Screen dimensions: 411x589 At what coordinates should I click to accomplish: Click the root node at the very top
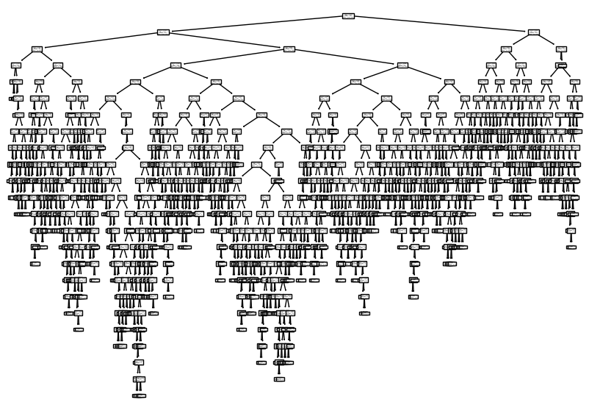pyautogui.click(x=348, y=15)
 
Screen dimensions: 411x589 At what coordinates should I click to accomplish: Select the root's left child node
pyautogui.click(x=163, y=32)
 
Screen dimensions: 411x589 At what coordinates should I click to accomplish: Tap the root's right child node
pyautogui.click(x=533, y=32)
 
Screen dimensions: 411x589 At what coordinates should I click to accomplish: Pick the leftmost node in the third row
pyautogui.click(x=36, y=49)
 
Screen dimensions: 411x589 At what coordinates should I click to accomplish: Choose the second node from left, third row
pyautogui.click(x=289, y=49)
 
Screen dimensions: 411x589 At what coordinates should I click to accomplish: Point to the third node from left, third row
pyautogui.click(x=506, y=49)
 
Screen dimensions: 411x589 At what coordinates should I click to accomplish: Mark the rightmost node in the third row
pyautogui.click(x=561, y=49)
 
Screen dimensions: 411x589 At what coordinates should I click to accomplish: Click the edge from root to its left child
pyautogui.click(x=256, y=24)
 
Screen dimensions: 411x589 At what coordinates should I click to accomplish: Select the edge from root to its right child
pyautogui.click(x=441, y=24)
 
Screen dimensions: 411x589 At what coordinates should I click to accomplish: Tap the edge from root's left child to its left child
pyautogui.click(x=99, y=40)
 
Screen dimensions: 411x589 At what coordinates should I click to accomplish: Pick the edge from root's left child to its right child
pyautogui.click(x=226, y=40)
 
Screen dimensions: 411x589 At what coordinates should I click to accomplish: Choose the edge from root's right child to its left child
pyautogui.click(x=519, y=40)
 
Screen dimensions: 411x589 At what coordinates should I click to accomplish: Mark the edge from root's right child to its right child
pyautogui.click(x=547, y=40)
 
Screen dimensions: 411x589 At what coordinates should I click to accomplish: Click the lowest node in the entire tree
pyautogui.click(x=138, y=396)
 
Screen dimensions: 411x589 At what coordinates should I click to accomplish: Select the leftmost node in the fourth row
pyautogui.click(x=15, y=65)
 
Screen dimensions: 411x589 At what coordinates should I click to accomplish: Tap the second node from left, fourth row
pyautogui.click(x=57, y=65)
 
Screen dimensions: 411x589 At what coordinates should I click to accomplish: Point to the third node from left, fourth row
pyautogui.click(x=176, y=65)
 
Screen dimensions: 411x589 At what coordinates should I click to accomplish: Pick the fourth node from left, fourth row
pyautogui.click(x=402, y=65)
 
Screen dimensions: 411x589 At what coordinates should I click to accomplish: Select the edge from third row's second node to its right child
pyautogui.click(x=346, y=57)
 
